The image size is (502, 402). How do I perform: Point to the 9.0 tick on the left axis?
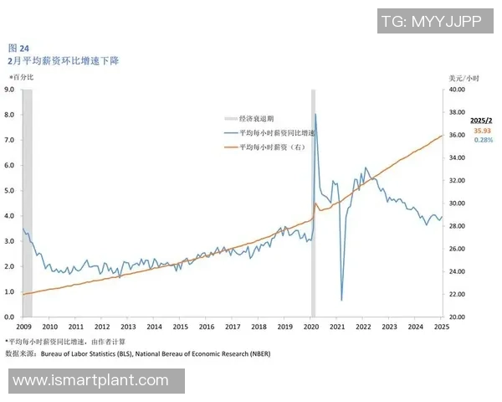[11, 89]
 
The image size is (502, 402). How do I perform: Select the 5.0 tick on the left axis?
[11, 190]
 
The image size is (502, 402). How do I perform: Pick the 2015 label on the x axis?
[180, 327]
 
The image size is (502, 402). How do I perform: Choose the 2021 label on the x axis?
[337, 327]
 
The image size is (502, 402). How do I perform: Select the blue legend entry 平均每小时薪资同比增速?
[276, 133]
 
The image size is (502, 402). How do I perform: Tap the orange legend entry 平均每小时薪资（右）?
[273, 147]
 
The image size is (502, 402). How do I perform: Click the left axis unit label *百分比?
[22, 77]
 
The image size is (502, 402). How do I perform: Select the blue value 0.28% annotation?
[483, 140]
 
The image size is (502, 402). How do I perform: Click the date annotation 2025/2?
[482, 121]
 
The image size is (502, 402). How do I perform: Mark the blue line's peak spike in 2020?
[315, 115]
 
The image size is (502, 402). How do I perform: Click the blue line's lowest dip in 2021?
[341, 299]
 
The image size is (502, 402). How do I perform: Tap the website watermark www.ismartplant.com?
[91, 380]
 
